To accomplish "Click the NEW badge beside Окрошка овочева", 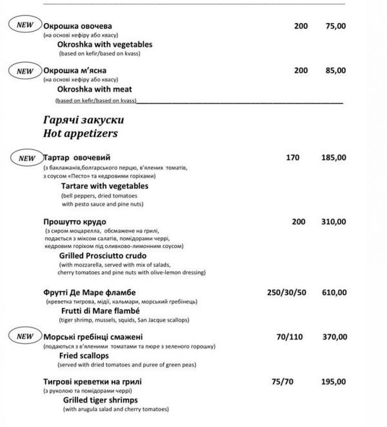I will [x=25, y=26].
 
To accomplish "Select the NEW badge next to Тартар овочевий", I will [x=26, y=157].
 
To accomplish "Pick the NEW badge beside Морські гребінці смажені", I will [x=25, y=336].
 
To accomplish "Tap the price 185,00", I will [x=333, y=157].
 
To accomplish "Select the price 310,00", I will [x=333, y=222].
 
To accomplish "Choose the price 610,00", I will [x=333, y=292].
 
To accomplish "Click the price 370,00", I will [x=333, y=336].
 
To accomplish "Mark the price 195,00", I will [x=333, y=381].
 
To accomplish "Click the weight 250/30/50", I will [x=286, y=292].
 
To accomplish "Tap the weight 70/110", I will [x=290, y=336].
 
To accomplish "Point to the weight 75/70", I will [x=283, y=381].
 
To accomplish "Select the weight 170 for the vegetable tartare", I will [x=293, y=157].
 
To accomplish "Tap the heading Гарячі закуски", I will [x=83, y=120].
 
